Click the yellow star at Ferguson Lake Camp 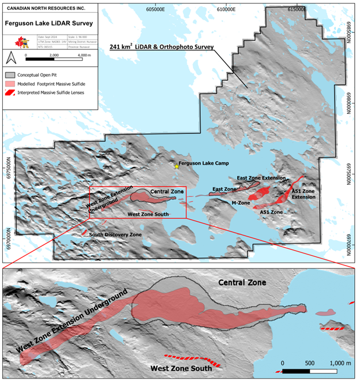[x=177, y=166]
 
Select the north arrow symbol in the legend [x=13, y=58]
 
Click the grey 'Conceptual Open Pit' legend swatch [x=10, y=75]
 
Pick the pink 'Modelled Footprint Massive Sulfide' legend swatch [x=10, y=84]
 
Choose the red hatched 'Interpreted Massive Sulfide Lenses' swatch [x=10, y=92]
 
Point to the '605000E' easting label [x=155, y=9]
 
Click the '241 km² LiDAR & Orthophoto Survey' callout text [x=162, y=47]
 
